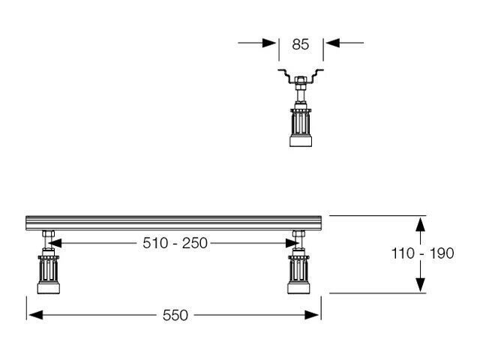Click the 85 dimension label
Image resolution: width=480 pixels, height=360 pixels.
click(300, 44)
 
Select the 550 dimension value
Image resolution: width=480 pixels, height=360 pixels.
click(175, 315)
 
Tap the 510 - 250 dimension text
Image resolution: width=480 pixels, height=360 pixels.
click(175, 243)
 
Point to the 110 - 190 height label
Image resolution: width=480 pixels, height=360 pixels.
click(422, 253)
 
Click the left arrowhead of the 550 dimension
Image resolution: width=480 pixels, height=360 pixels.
click(35, 315)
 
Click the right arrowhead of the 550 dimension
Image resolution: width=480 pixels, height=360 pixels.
click(312, 315)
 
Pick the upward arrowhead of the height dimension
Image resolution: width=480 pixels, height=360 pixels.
click(420, 225)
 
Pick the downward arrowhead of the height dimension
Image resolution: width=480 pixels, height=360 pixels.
click(420, 284)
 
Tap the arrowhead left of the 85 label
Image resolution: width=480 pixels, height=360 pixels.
click(269, 43)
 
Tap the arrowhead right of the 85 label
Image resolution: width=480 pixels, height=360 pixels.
click(333, 43)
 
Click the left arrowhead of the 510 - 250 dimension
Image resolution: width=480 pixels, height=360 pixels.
click(55, 243)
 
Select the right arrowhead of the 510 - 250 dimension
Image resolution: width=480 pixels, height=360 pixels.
click(292, 243)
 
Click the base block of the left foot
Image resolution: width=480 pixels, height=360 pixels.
click(48, 288)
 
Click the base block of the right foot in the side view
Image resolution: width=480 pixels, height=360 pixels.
click(298, 288)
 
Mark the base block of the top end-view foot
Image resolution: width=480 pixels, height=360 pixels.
click(301, 141)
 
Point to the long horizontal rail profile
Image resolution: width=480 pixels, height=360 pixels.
click(174, 223)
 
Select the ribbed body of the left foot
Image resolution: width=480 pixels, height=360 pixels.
click(48, 269)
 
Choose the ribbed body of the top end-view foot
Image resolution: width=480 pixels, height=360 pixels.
click(301, 122)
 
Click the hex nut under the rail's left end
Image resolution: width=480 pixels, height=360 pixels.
click(48, 234)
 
